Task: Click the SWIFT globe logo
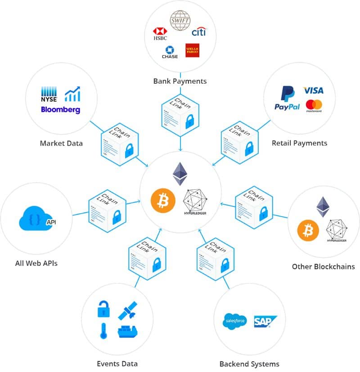pyautogui.click(x=180, y=20)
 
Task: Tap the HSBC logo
pyautogui.click(x=160, y=34)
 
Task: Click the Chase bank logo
pyautogui.click(x=170, y=52)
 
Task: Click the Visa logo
pyautogui.click(x=313, y=90)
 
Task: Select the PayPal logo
pyautogui.click(x=287, y=99)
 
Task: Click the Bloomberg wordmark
pyautogui.click(x=60, y=109)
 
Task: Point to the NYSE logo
pyautogui.click(x=48, y=93)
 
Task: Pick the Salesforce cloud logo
pyautogui.click(x=234, y=321)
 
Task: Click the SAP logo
pyautogui.click(x=265, y=321)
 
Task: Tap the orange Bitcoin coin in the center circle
pyautogui.click(x=162, y=201)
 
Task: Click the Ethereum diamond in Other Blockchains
pyautogui.click(x=323, y=207)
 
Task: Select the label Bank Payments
pyautogui.click(x=180, y=81)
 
